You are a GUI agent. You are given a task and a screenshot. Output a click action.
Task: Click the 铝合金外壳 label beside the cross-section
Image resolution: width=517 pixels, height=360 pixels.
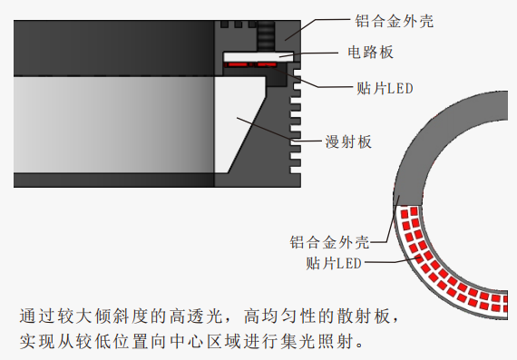(x=394, y=21)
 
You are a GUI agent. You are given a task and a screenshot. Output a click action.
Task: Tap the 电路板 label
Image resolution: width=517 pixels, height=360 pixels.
(x=371, y=52)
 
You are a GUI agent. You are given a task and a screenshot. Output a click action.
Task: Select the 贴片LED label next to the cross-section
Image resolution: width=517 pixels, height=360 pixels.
(x=385, y=88)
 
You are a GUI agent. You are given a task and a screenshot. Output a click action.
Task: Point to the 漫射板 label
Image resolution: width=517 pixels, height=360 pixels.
(x=348, y=141)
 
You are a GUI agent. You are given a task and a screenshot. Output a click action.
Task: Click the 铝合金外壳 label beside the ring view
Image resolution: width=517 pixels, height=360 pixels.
(x=329, y=242)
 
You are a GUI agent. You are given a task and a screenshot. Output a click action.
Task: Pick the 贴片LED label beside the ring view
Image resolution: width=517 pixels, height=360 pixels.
(x=334, y=263)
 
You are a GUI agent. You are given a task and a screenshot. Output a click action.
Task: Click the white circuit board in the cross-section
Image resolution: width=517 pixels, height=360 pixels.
(x=258, y=57)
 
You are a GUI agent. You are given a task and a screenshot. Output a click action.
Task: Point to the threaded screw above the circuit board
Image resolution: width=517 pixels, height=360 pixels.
(x=266, y=35)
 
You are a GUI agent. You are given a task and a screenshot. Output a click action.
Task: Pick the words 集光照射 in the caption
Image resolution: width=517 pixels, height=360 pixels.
(x=317, y=341)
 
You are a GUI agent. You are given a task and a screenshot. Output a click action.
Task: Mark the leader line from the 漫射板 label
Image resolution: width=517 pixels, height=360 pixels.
(x=278, y=131)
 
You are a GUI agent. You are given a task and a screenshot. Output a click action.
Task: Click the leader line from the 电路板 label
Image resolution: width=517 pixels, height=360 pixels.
(x=308, y=54)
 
